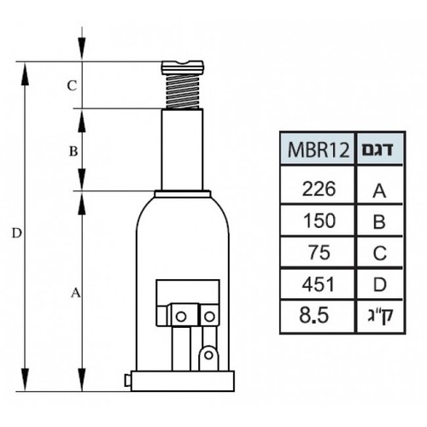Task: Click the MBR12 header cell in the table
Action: coord(318,149)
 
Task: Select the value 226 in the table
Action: coord(319,189)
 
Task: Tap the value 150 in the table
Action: coord(319,220)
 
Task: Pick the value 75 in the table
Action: coord(319,253)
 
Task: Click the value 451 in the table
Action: coord(319,284)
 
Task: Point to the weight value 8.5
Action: coord(314,316)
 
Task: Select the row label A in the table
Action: coord(379,190)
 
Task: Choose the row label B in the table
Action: coord(379,222)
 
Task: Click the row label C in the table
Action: coord(380,253)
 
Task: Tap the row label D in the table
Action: coord(380,284)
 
